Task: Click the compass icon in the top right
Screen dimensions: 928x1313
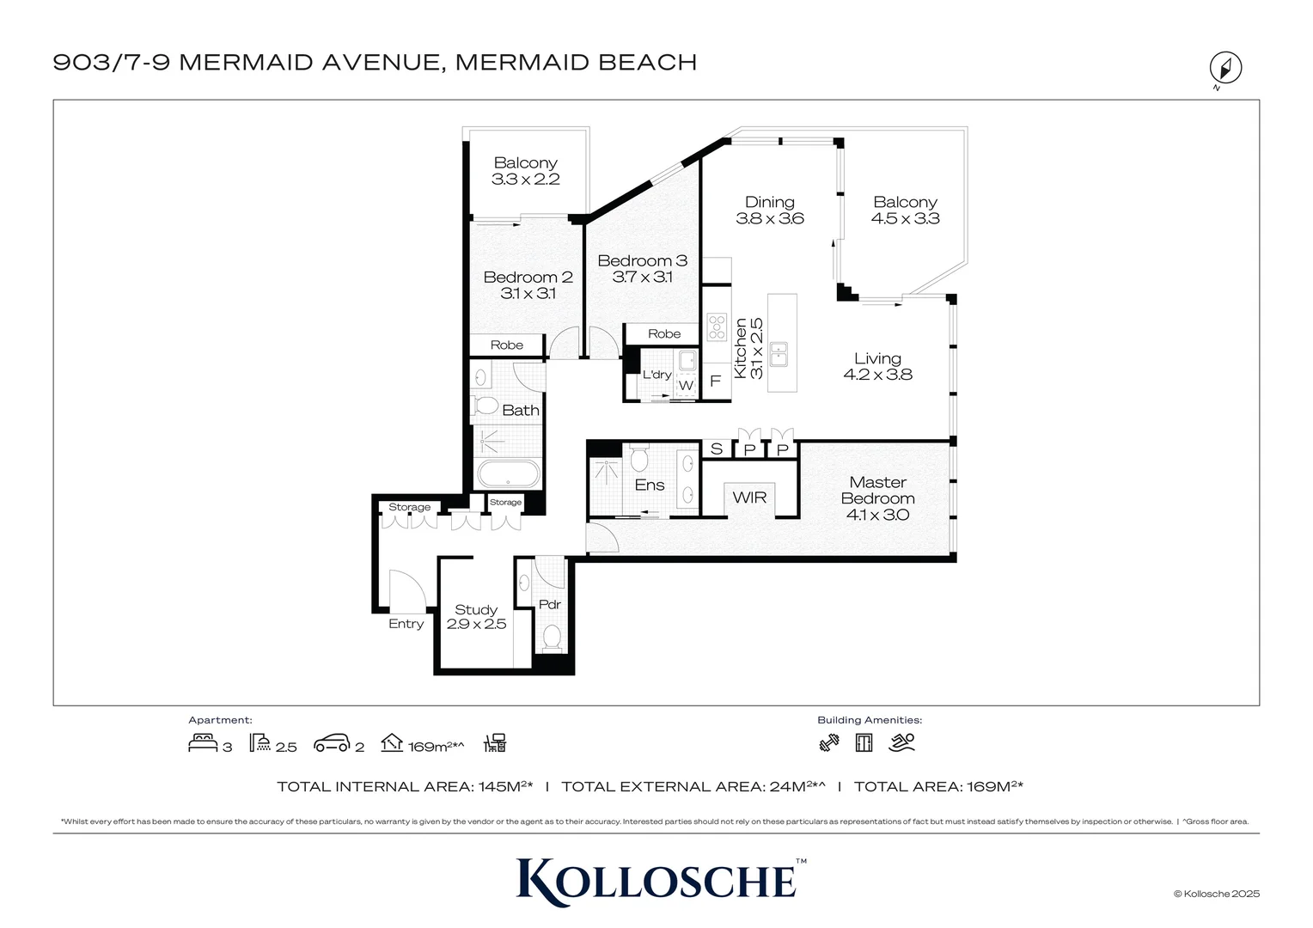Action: tap(1225, 68)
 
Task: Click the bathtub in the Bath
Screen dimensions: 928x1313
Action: tap(508, 475)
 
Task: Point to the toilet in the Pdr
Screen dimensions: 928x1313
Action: tap(552, 637)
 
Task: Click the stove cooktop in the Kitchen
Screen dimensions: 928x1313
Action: tap(717, 327)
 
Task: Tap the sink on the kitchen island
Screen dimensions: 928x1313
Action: tap(779, 353)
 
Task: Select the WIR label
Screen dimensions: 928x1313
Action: tap(749, 498)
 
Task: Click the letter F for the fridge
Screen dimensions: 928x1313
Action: tap(715, 381)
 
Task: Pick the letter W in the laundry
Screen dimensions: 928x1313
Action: tap(686, 386)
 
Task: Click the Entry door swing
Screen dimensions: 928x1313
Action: tap(406, 591)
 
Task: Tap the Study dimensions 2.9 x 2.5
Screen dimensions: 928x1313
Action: tap(476, 625)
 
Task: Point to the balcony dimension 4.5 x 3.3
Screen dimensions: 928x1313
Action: tap(905, 218)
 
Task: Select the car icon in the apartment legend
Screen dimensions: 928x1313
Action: tap(332, 743)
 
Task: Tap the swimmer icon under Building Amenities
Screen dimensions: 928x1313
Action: tap(902, 742)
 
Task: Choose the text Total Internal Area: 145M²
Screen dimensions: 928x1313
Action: tap(405, 786)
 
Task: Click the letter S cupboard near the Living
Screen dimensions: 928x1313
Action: tap(716, 449)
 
